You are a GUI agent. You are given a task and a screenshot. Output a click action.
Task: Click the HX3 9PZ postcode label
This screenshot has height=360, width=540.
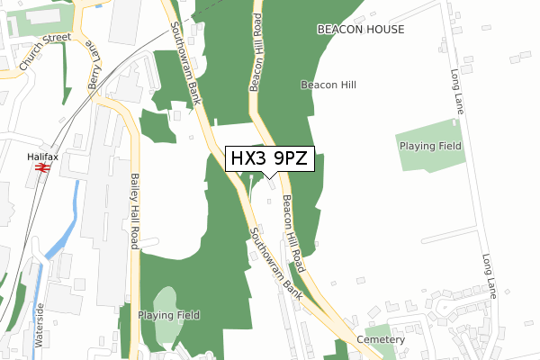pos(270,159)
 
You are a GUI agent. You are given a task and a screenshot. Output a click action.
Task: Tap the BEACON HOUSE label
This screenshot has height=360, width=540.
pos(361,30)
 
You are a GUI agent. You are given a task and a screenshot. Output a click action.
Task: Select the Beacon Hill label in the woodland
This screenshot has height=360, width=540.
pos(328,85)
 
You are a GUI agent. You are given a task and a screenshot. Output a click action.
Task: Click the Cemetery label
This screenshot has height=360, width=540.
pos(381,339)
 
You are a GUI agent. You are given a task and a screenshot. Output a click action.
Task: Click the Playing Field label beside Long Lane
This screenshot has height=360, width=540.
pos(430,145)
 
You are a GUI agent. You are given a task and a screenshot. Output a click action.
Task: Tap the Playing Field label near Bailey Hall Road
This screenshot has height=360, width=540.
pos(168,315)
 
